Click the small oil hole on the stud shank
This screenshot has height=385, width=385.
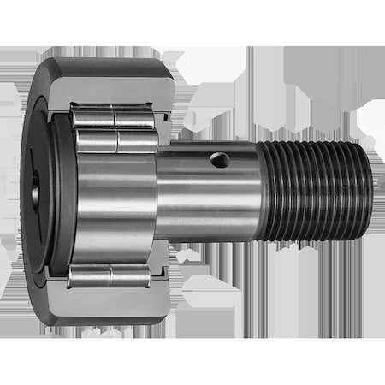[x=220, y=159]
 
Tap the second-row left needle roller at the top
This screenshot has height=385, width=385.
[x=96, y=140]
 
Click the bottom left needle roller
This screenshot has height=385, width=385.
[x=90, y=275]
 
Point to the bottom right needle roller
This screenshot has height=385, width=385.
[x=131, y=275]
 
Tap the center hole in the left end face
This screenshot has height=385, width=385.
[x=35, y=193]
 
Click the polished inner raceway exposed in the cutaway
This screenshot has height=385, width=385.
[x=115, y=205]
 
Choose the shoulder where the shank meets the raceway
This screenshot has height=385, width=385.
[x=159, y=192]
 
